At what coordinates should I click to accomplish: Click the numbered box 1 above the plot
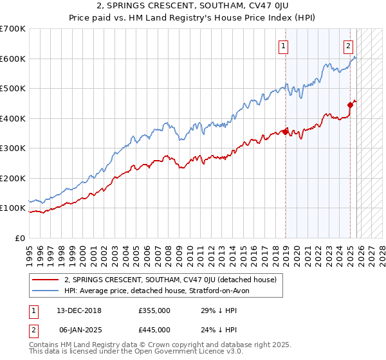coord(283,46)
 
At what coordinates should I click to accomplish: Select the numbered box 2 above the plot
coord(348,46)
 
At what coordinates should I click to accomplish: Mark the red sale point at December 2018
coord(285,132)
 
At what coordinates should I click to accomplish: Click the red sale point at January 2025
coord(351,105)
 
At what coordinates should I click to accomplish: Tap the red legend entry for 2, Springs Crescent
coord(170,280)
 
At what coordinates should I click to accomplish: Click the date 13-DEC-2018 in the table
coord(84,310)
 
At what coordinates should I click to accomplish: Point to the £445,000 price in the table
coord(154,330)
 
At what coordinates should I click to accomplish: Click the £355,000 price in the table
coord(154,310)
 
